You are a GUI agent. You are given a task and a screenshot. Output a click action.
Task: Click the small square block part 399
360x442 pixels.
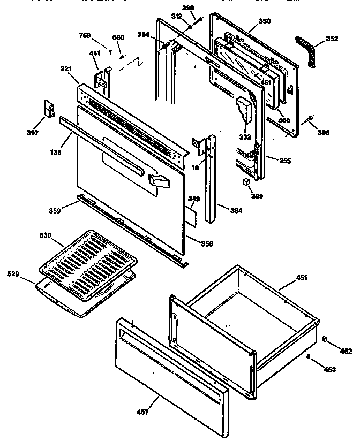coord(247,182)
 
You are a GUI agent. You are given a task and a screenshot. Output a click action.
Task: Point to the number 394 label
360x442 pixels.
coord(236,210)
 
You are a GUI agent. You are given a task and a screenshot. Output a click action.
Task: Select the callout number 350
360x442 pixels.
coord(265,21)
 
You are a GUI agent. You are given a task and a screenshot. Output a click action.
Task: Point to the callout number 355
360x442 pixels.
coord(284,161)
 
